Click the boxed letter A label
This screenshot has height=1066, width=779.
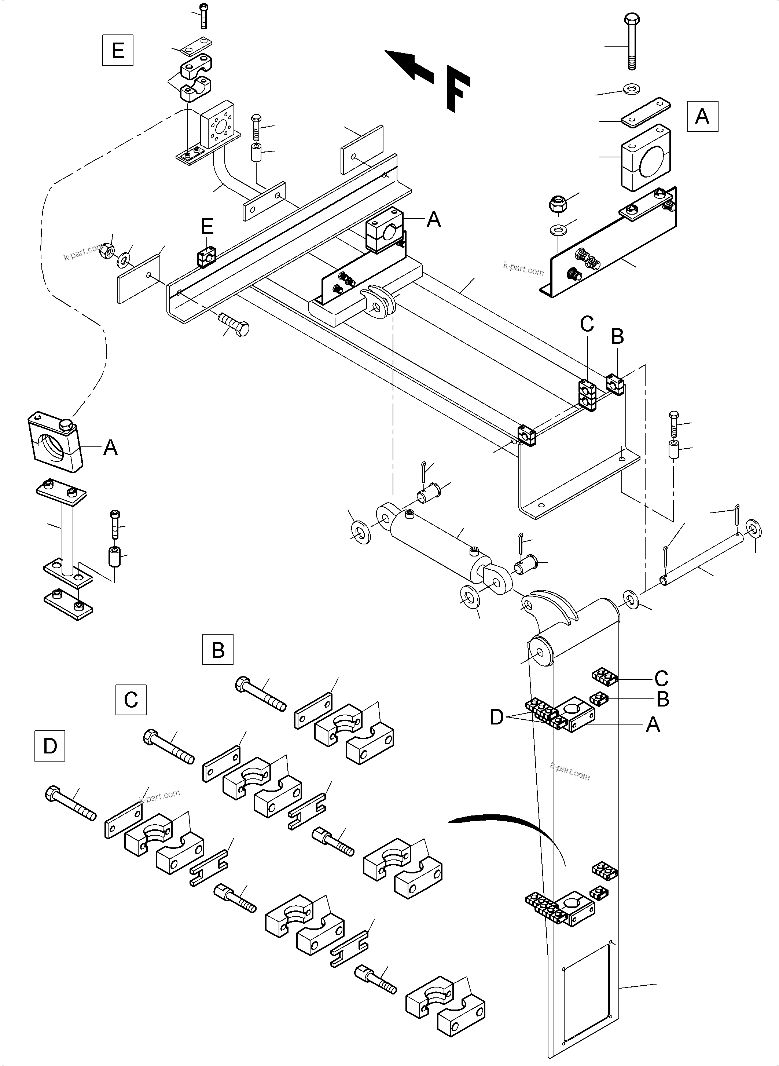click(702, 116)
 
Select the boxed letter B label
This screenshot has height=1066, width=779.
click(217, 650)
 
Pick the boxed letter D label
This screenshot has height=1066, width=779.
click(49, 746)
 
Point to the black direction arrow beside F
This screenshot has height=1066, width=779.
click(408, 66)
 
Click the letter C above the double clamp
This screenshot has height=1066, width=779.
click(587, 324)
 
